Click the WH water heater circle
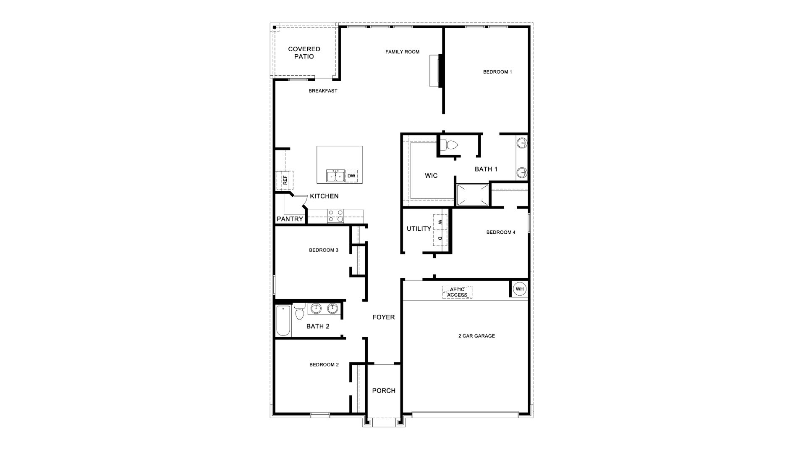click(x=520, y=289)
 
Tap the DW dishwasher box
click(x=351, y=176)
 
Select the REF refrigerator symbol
click(x=285, y=180)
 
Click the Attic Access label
click(x=457, y=292)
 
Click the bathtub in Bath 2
click(x=283, y=321)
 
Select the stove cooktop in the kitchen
click(x=335, y=216)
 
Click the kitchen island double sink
click(x=335, y=176)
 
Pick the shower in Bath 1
click(x=473, y=195)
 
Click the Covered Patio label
click(x=304, y=53)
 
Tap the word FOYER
click(x=384, y=317)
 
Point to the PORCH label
click(x=384, y=391)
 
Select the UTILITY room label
click(x=419, y=229)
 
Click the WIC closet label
click(x=431, y=176)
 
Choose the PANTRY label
click(x=290, y=219)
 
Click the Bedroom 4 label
click(x=501, y=232)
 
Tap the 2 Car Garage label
click(x=476, y=336)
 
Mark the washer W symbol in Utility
click(x=440, y=222)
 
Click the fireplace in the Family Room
click(x=437, y=71)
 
